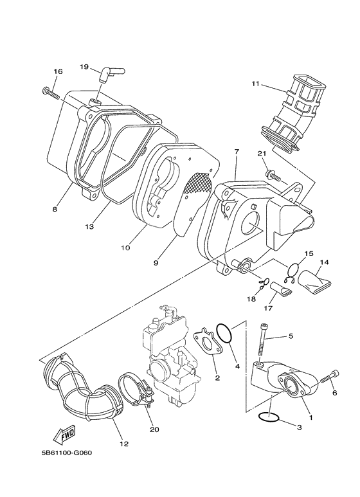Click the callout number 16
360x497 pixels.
(x=57, y=71)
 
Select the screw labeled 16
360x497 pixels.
(x=52, y=93)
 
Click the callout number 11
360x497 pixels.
(x=256, y=84)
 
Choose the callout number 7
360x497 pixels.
(x=237, y=152)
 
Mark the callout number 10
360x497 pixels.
(x=125, y=247)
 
